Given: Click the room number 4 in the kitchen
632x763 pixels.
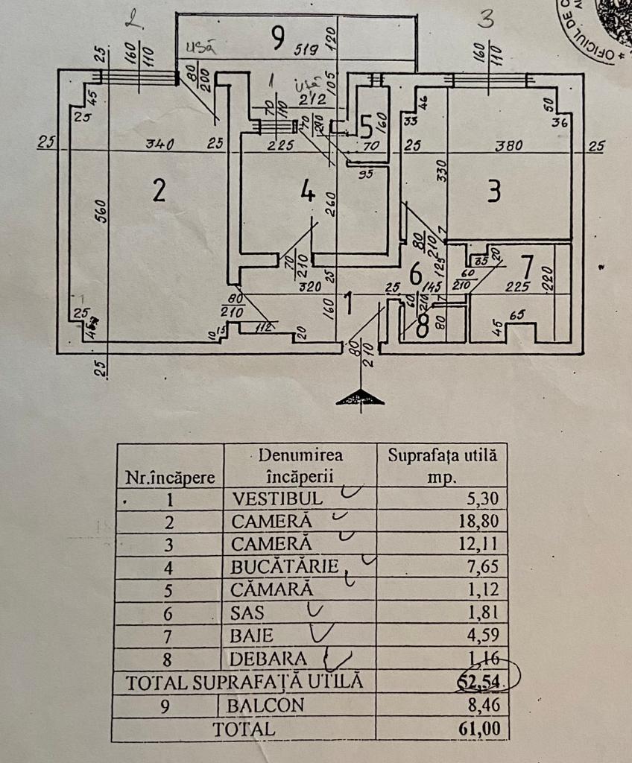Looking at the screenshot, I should pyautogui.click(x=307, y=192).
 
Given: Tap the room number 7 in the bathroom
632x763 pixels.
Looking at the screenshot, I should pyautogui.click(x=527, y=265).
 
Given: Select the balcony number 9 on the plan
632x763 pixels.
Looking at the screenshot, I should pyautogui.click(x=277, y=37).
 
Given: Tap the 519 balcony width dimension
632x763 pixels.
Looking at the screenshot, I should pyautogui.click(x=306, y=51).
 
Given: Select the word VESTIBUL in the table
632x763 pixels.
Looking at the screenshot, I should pyautogui.click(x=277, y=498).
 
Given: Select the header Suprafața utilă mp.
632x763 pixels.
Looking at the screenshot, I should pyautogui.click(x=442, y=465).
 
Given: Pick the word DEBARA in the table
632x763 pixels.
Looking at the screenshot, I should pyautogui.click(x=269, y=659).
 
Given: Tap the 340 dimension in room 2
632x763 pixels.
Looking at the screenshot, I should pyautogui.click(x=159, y=145).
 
